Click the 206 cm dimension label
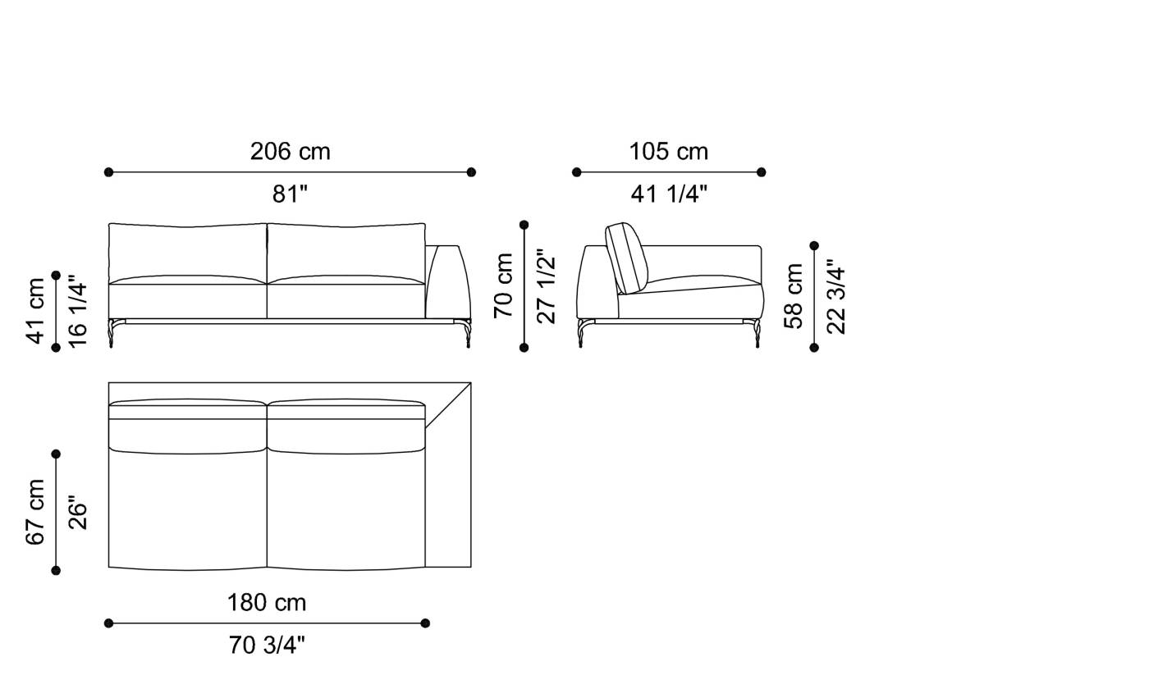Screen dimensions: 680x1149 click(290, 152)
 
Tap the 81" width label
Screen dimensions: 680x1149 click(290, 194)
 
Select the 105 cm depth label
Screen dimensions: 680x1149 click(668, 152)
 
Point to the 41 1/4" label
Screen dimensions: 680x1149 click(669, 194)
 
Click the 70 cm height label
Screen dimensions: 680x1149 click(503, 285)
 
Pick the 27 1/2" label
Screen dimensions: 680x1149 click(546, 285)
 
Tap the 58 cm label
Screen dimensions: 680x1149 click(794, 296)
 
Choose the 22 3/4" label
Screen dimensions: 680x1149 click(836, 296)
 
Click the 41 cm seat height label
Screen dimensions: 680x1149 click(36, 311)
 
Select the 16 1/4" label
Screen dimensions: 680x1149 click(78, 311)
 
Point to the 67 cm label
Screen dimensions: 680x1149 click(36, 512)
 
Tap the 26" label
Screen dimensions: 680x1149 click(78, 512)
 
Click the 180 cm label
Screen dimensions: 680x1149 click(267, 603)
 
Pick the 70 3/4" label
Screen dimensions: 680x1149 click(267, 646)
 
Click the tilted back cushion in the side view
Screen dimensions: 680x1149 click(627, 258)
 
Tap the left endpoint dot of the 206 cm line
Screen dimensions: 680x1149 click(108, 172)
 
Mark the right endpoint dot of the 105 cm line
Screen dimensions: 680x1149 click(761, 172)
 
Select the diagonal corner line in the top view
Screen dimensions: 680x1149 click(448, 405)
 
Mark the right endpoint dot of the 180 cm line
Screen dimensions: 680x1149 click(425, 623)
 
